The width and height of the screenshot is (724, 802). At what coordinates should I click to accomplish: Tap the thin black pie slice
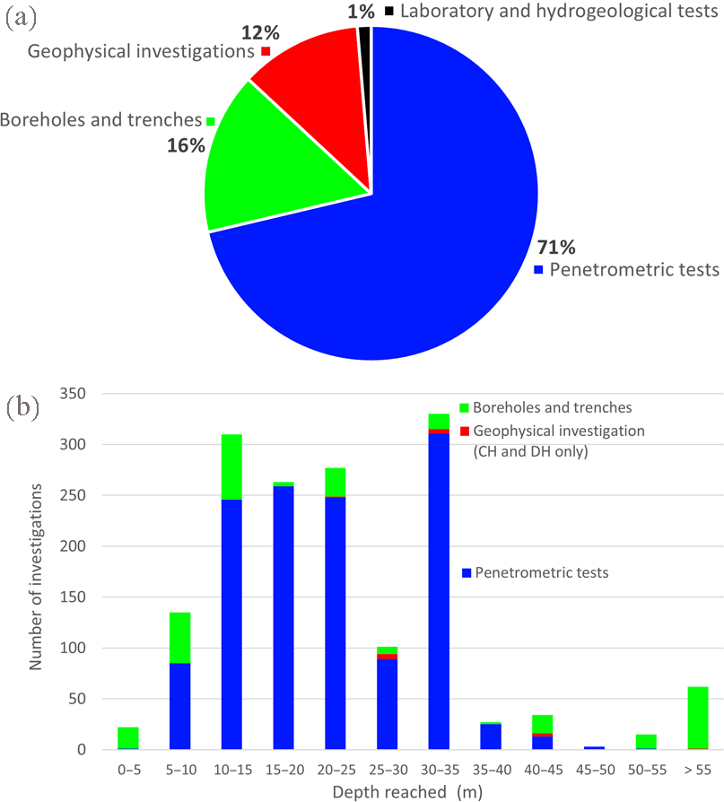[x=365, y=54]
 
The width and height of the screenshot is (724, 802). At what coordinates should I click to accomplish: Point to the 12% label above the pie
[x=261, y=33]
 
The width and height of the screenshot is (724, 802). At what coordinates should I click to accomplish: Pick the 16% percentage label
[x=187, y=144]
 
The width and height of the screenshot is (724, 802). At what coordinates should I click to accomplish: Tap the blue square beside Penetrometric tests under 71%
[x=538, y=269]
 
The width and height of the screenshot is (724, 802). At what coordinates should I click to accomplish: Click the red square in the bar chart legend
[x=464, y=431]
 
